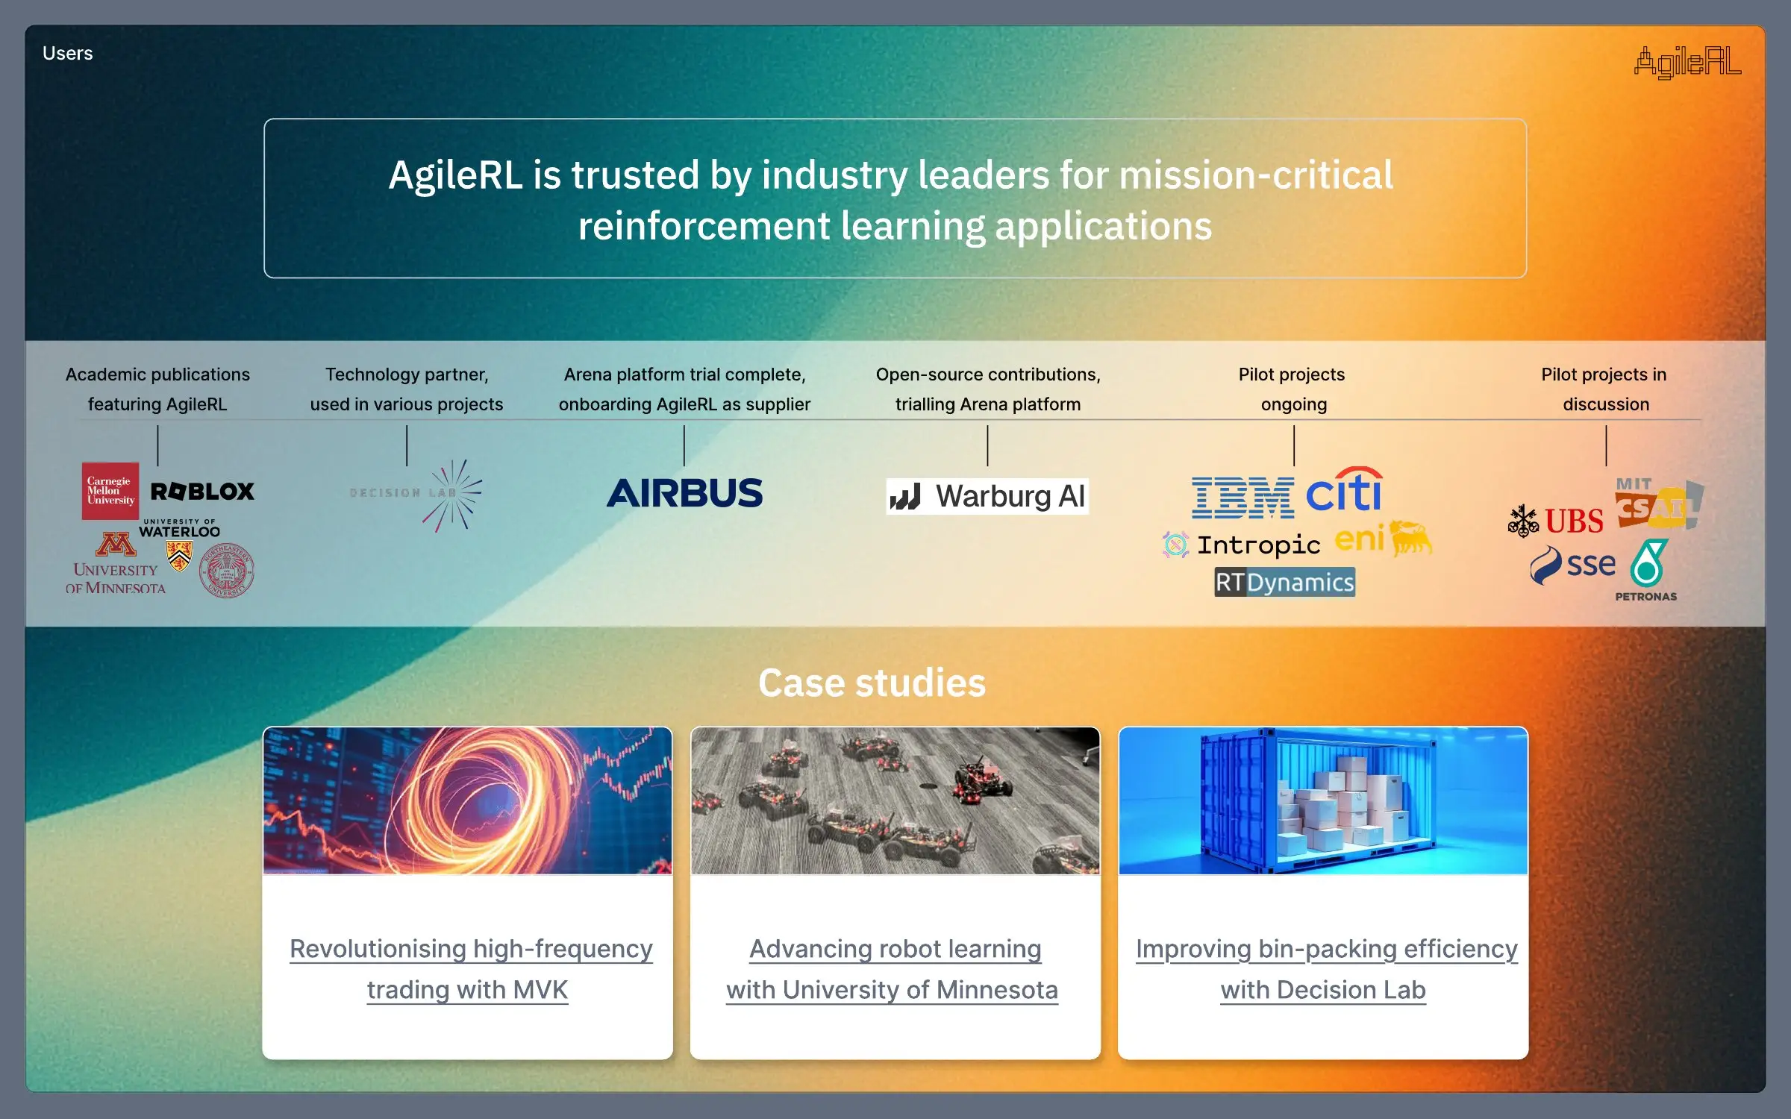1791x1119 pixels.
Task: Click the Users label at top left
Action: (67, 54)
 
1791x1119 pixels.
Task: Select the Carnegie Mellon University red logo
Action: (110, 491)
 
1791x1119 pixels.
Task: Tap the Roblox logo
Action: (202, 492)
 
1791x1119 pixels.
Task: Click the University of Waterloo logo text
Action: (180, 529)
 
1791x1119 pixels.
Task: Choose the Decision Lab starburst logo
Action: (453, 495)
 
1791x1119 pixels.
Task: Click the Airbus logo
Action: (684, 493)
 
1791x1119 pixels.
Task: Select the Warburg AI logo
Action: (987, 496)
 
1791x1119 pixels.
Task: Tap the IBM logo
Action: (1243, 498)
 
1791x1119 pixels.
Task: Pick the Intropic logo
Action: (1243, 545)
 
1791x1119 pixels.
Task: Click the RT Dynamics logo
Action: (1284, 582)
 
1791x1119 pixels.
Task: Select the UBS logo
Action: (1556, 521)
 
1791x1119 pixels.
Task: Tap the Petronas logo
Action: (1647, 571)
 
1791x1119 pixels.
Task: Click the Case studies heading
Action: (872, 683)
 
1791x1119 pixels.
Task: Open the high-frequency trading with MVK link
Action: (470, 969)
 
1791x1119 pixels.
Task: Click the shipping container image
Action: (1322, 800)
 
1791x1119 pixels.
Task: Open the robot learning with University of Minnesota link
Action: (894, 969)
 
